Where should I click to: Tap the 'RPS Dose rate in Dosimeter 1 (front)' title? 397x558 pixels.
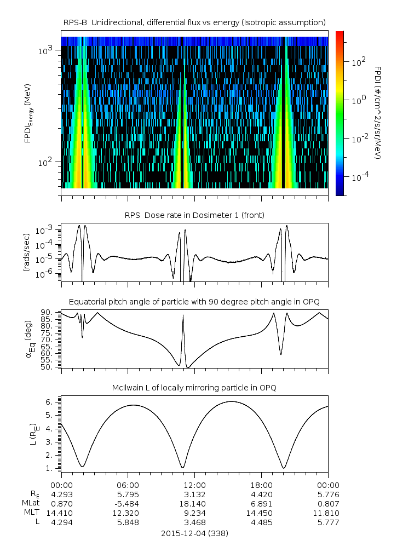(194, 215)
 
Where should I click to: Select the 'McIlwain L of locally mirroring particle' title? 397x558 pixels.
(194, 388)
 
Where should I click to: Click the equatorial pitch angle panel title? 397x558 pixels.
(194, 302)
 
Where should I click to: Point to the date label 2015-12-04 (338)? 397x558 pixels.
(194, 533)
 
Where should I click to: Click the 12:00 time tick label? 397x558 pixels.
(194, 485)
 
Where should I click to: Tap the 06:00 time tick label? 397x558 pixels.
(128, 485)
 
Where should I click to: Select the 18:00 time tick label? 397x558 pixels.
(261, 485)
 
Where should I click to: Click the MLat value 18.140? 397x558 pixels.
(194, 503)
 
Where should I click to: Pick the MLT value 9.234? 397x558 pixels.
(194, 513)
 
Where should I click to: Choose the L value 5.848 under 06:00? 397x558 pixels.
(128, 522)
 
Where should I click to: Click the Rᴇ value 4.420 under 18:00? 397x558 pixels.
(261, 494)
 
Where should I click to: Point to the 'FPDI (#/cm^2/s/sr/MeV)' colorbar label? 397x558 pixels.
(378, 113)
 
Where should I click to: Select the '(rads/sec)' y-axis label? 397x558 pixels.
(27, 253)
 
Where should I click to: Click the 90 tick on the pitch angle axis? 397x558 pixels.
(47, 312)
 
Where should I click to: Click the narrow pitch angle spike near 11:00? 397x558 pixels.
(183, 317)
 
